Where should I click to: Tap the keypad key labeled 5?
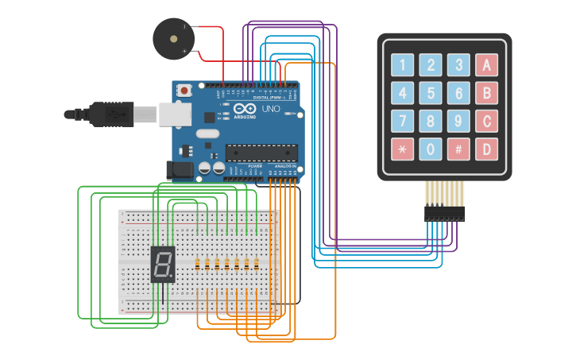click(x=431, y=93)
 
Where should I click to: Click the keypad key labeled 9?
click(x=458, y=121)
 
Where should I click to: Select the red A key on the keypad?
click(x=485, y=65)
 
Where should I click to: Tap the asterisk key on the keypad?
click(x=403, y=149)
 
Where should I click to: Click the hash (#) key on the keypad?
click(x=458, y=149)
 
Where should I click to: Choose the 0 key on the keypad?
click(x=431, y=149)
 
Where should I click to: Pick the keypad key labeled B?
click(x=485, y=93)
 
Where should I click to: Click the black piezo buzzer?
click(x=172, y=39)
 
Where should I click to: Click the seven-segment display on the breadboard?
click(x=162, y=264)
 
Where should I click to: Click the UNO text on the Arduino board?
click(x=271, y=108)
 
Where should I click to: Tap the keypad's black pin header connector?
click(x=444, y=213)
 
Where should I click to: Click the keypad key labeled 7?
click(x=403, y=121)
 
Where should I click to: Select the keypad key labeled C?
click(x=485, y=121)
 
